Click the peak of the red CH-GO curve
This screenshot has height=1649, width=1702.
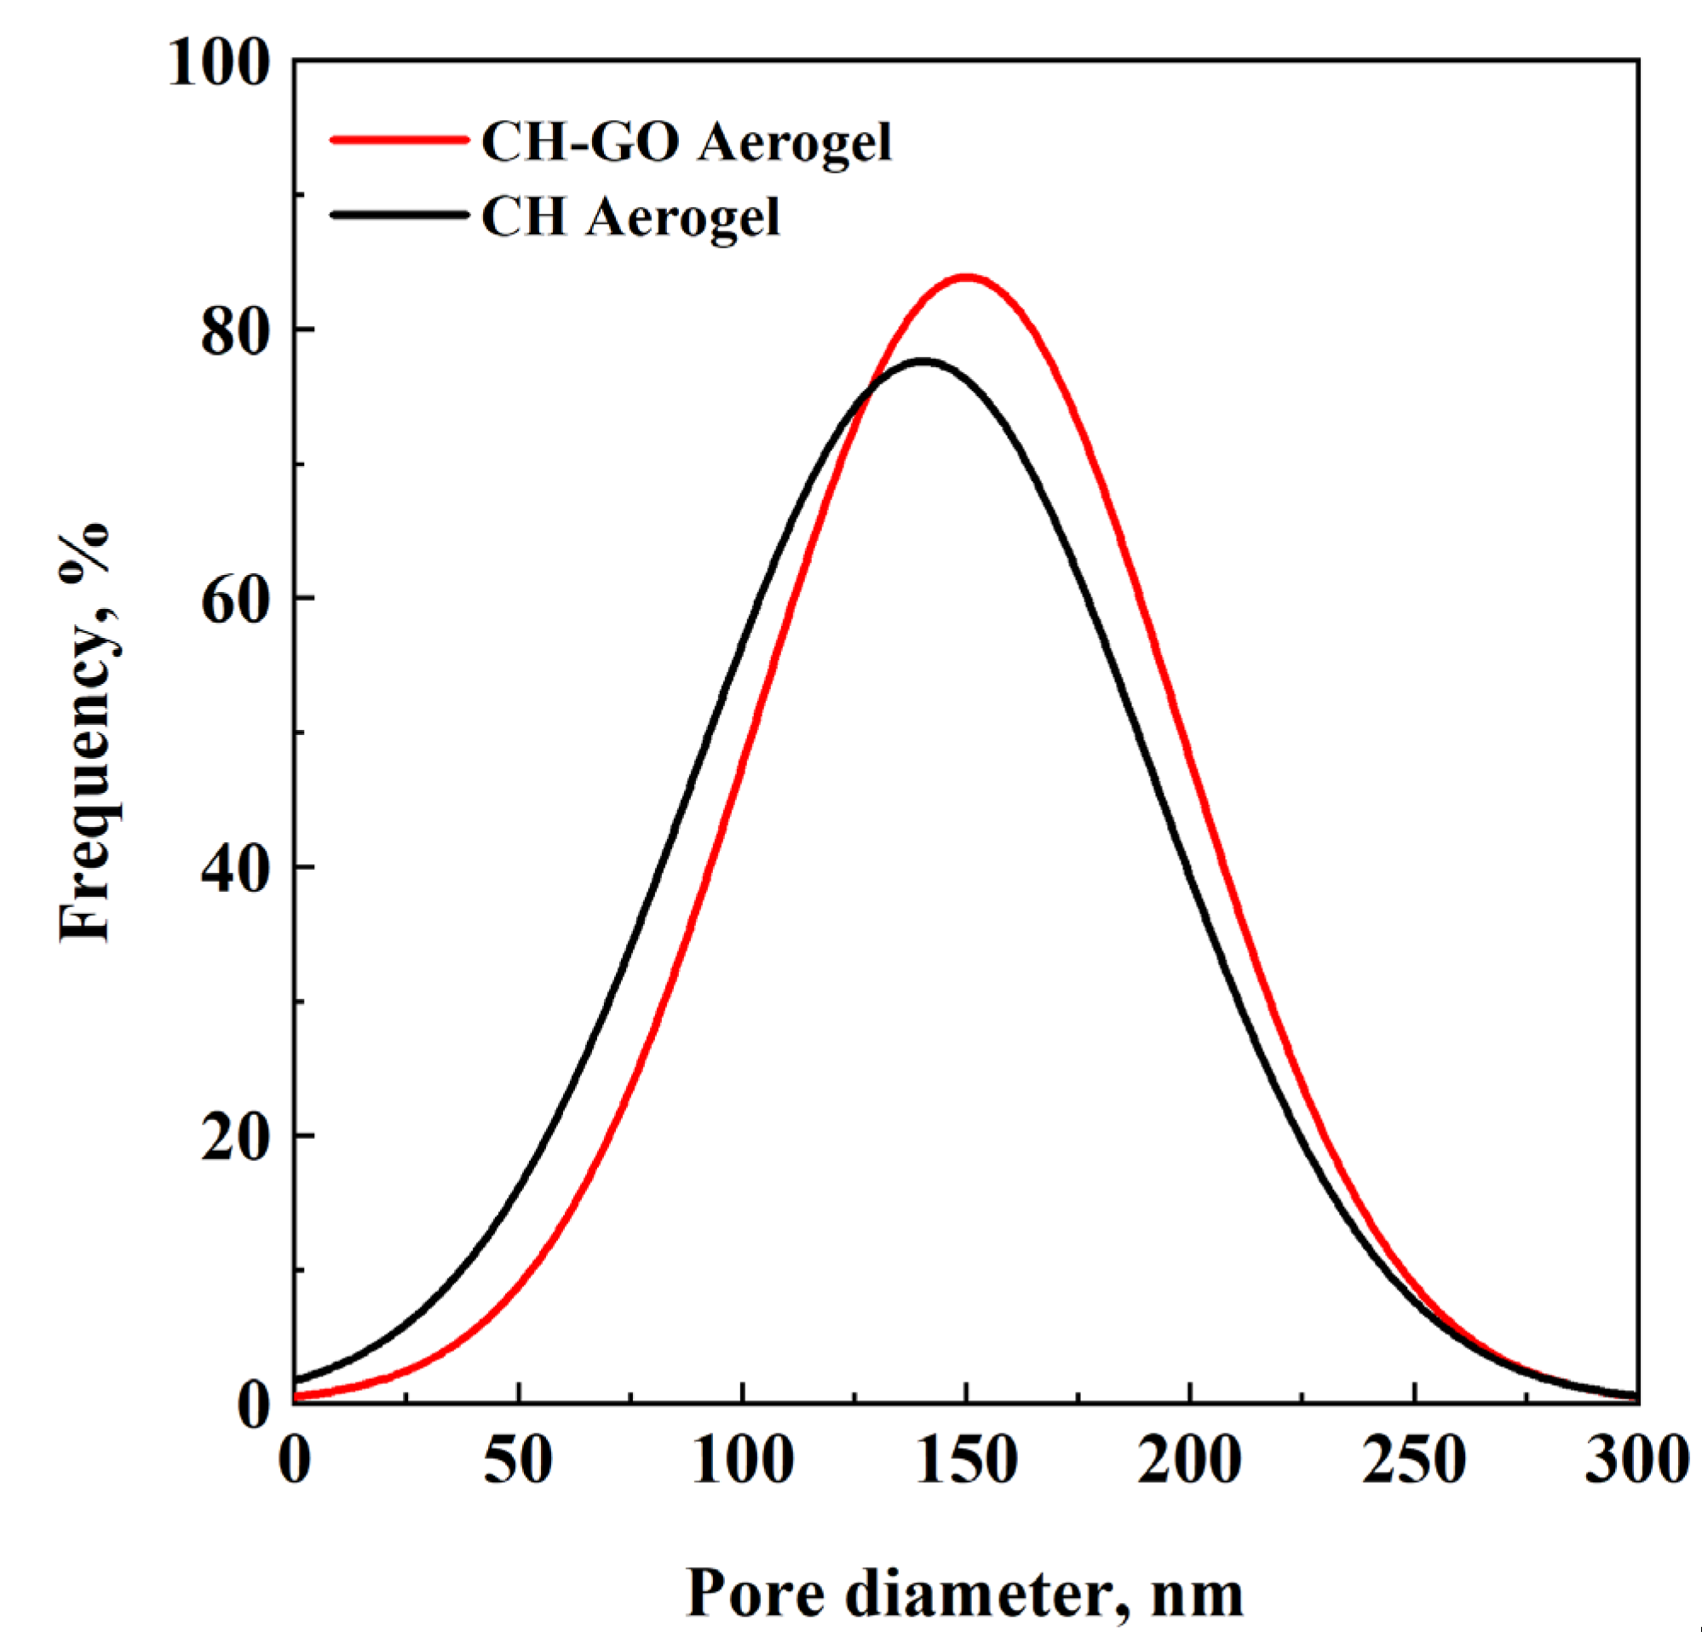[966, 277]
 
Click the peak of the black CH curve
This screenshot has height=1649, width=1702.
[923, 360]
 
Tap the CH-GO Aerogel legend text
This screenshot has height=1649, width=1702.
[686, 141]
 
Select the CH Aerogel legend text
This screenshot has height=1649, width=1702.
[630, 216]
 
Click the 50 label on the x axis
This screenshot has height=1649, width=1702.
[518, 1461]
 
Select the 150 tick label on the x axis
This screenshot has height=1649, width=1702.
[966, 1461]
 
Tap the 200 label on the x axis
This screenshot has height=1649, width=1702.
[1190, 1461]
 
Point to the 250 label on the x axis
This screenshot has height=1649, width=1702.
[1414, 1461]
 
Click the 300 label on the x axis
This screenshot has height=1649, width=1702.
[1636, 1461]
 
